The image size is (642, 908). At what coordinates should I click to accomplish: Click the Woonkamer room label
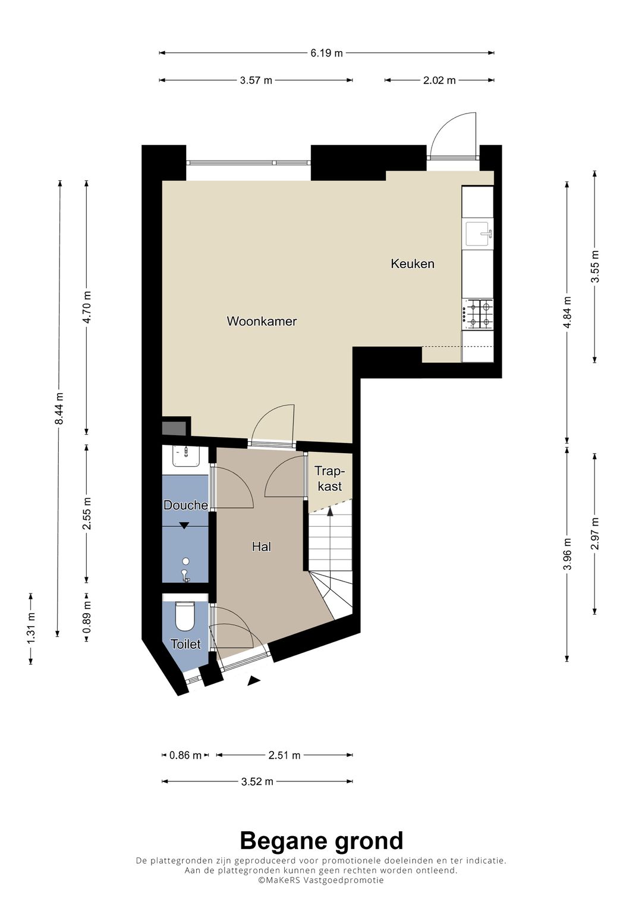click(262, 322)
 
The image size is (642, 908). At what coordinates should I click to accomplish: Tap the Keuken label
click(412, 264)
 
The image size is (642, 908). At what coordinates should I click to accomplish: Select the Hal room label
click(262, 547)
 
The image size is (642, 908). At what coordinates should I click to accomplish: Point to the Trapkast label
click(330, 478)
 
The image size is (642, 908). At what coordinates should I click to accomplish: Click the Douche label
click(185, 505)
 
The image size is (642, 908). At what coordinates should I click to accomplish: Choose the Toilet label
click(185, 644)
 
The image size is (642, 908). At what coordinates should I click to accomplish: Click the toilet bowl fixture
click(185, 615)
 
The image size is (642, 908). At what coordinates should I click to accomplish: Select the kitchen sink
click(480, 234)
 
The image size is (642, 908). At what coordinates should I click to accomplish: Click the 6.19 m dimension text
click(327, 53)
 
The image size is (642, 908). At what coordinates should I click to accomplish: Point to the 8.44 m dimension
click(59, 408)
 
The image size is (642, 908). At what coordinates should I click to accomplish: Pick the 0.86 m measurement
click(185, 755)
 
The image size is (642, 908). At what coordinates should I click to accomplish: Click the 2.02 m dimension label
click(439, 80)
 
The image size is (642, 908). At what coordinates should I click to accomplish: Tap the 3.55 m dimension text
click(594, 267)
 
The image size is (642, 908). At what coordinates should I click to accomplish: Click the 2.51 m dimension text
click(284, 755)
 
